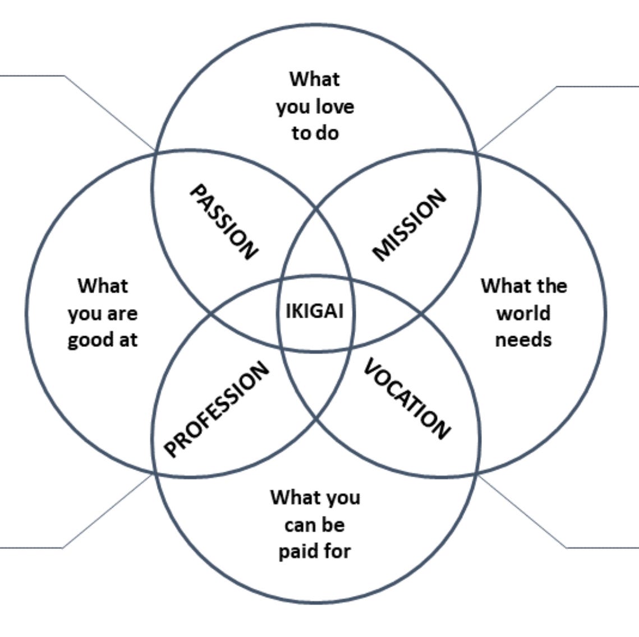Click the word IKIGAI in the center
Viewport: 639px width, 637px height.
click(x=315, y=311)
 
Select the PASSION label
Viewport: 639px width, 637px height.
click(x=224, y=222)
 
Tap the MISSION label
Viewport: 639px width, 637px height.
click(x=409, y=225)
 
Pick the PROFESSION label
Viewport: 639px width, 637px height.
click(x=216, y=409)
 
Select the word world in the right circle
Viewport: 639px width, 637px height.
click(x=523, y=313)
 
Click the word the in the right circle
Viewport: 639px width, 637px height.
click(x=551, y=286)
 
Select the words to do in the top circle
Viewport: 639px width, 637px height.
click(x=315, y=133)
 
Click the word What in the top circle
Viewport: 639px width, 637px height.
click(x=315, y=79)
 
